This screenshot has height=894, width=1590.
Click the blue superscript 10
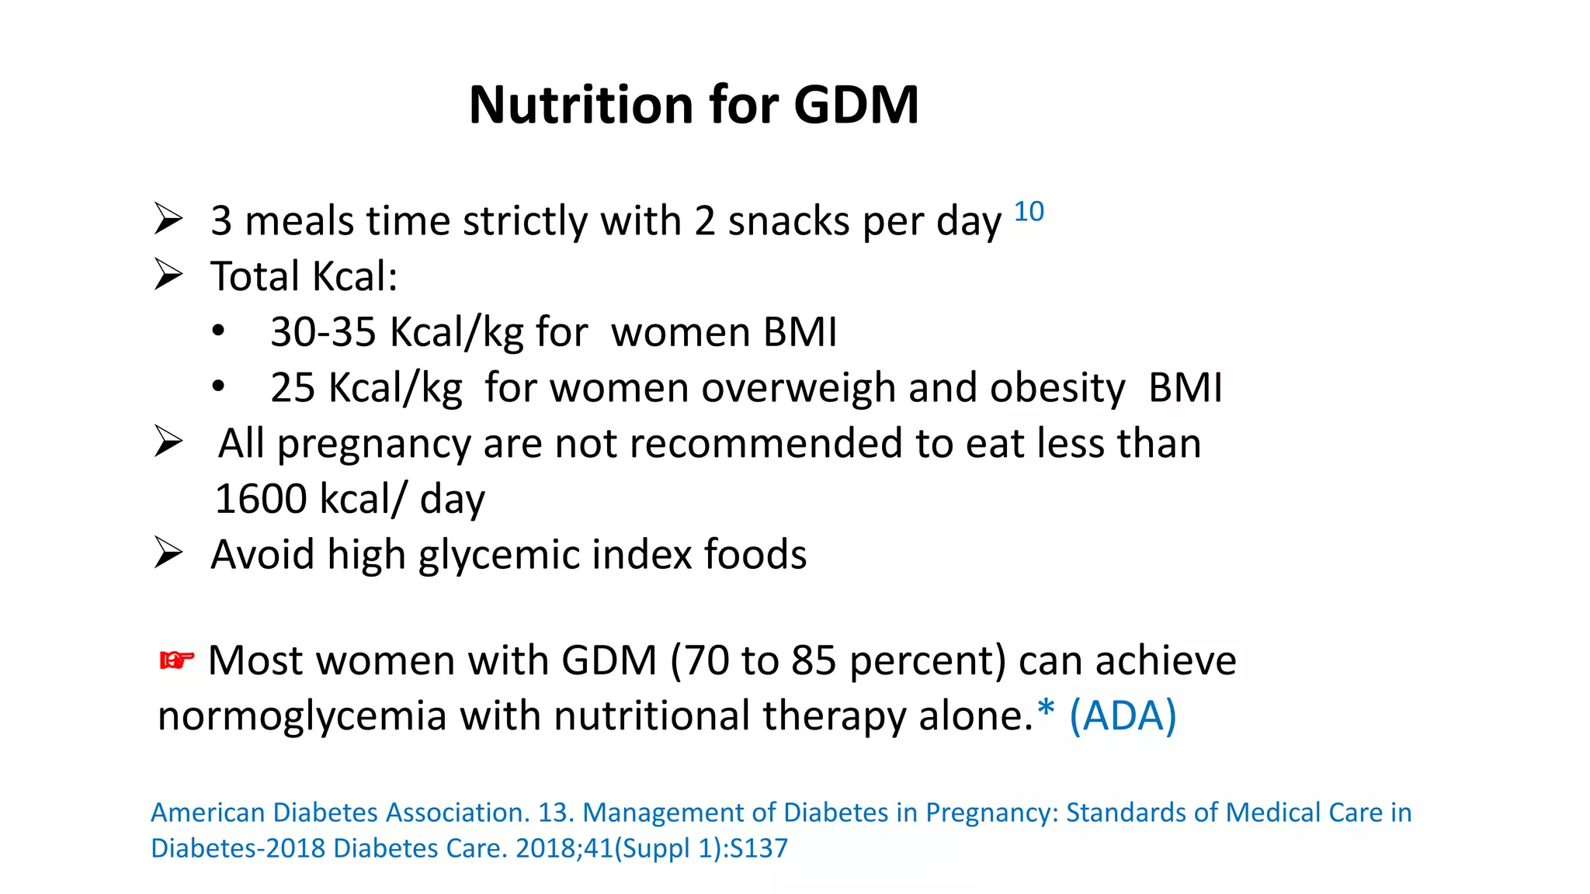tap(1029, 211)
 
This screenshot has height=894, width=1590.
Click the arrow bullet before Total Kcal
tap(168, 275)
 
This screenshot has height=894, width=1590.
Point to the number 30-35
tap(323, 332)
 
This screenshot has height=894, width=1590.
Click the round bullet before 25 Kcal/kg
tap(219, 386)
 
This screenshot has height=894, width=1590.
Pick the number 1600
tap(260, 499)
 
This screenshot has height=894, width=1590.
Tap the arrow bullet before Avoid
tap(168, 553)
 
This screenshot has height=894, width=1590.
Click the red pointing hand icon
tap(176, 660)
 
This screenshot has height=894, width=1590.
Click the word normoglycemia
tap(302, 716)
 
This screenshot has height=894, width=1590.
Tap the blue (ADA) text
tap(1123, 716)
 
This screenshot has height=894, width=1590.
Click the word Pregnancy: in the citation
tap(991, 813)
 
